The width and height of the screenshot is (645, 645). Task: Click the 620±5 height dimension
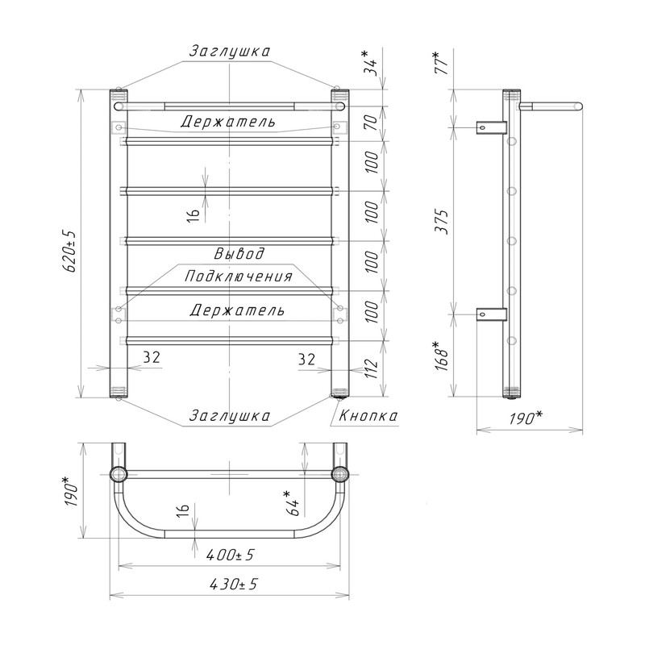click(x=69, y=252)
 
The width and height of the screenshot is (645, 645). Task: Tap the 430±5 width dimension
click(x=233, y=584)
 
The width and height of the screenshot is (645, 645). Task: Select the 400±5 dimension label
click(x=230, y=556)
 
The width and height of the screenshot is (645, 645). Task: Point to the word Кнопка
click(x=368, y=415)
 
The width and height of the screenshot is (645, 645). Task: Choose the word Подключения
click(x=238, y=276)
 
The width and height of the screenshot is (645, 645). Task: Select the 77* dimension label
click(x=443, y=63)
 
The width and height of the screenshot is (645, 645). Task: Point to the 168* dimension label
click(x=443, y=356)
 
